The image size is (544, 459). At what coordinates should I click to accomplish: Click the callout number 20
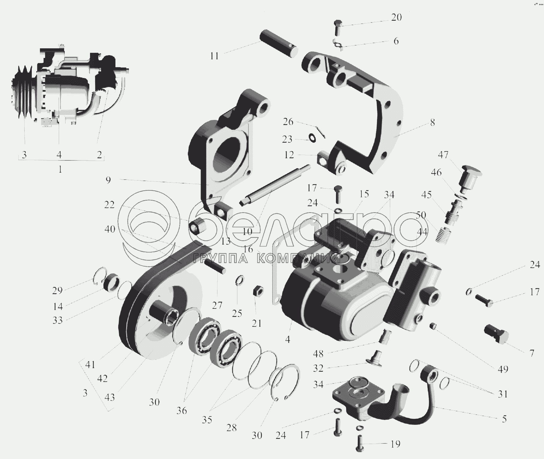(396, 17)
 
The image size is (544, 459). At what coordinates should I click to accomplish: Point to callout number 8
(432, 122)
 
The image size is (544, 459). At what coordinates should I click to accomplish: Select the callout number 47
(443, 155)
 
